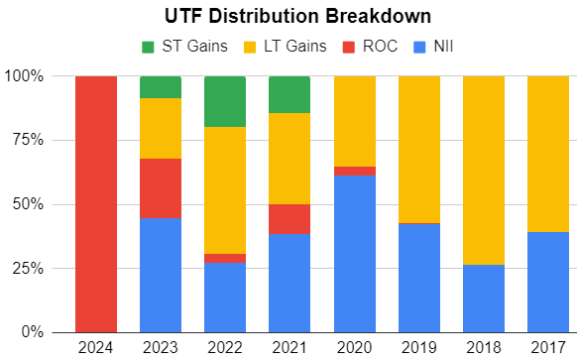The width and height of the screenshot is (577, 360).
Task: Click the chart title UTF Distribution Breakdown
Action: pos(288,17)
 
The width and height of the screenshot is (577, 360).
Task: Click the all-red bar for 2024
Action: pos(96,203)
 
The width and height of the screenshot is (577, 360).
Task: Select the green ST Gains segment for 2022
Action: pos(225,101)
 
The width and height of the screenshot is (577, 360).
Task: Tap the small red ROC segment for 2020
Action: pos(354,172)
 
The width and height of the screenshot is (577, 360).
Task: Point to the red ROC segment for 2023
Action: pos(161,187)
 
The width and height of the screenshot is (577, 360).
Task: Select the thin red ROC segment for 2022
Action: pos(225,258)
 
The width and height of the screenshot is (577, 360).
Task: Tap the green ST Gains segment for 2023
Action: pos(161,87)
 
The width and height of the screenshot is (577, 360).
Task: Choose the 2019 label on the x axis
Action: pos(418,347)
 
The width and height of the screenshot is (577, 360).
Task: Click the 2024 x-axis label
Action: pos(96,347)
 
